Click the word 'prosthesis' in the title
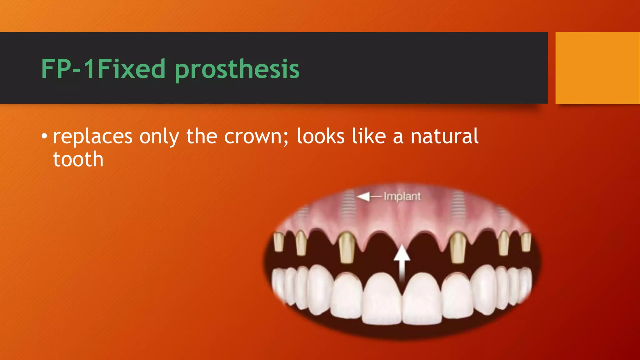pos(237,69)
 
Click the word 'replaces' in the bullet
pos(93,137)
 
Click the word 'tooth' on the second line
pos(78,159)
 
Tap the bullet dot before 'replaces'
pos(44,136)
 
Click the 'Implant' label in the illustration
pos(402,197)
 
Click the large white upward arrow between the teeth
pos(402,262)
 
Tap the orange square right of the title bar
pos(597,67)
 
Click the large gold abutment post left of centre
pos(347,247)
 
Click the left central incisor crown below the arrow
pos(382,298)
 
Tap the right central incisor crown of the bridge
pos(422,298)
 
